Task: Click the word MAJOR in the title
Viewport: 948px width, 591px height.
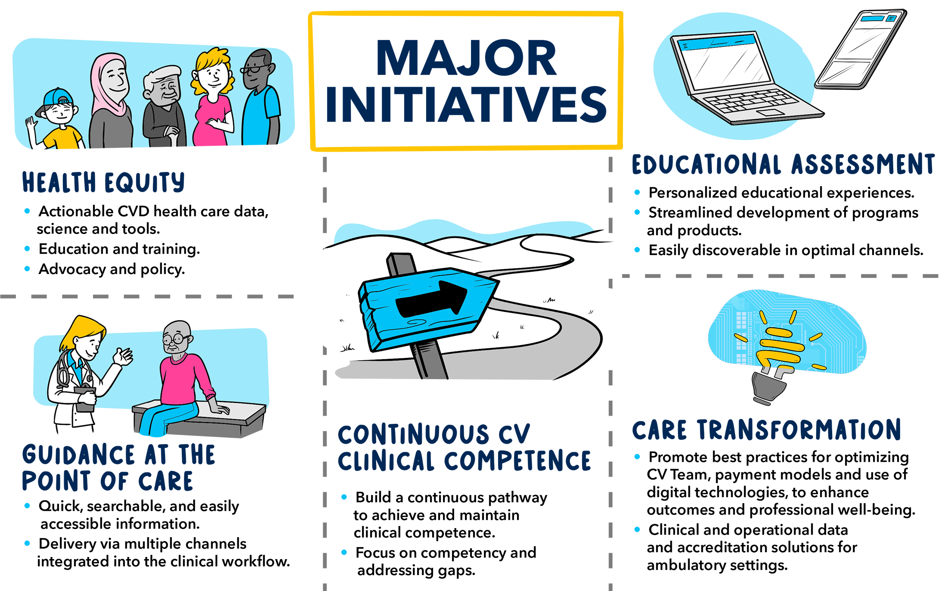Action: (466, 58)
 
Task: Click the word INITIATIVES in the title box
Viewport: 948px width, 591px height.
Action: (466, 104)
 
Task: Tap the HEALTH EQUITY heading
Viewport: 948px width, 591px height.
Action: (103, 182)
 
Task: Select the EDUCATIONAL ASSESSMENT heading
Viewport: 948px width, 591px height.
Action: (783, 164)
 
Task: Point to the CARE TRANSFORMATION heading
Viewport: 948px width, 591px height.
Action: (767, 430)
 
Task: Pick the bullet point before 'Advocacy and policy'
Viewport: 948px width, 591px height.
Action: (28, 269)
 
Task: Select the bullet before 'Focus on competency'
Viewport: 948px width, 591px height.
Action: (344, 552)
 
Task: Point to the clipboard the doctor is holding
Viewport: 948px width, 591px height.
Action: (85, 399)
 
